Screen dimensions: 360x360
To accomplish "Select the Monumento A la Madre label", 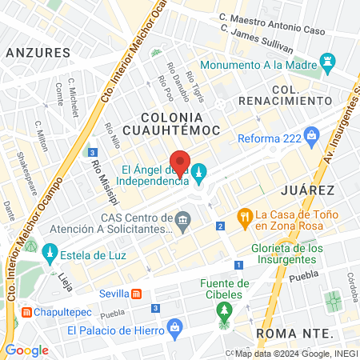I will click(x=258, y=66).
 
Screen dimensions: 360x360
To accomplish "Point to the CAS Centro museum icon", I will click(x=183, y=219).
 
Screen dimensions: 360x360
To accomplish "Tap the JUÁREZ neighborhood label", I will click(x=307, y=190).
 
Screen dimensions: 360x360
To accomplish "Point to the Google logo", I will click(x=26, y=350).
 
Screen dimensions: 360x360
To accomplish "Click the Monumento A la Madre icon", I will click(x=327, y=61).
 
